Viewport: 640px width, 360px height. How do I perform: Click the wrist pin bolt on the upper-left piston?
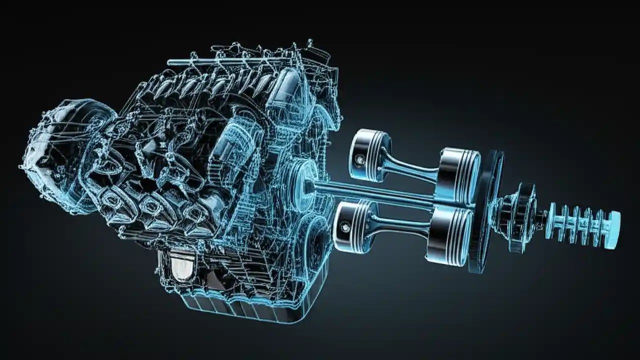click(x=358, y=159)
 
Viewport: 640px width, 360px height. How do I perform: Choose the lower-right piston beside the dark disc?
click(x=451, y=235)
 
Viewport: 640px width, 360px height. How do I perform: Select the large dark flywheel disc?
click(x=487, y=210)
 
